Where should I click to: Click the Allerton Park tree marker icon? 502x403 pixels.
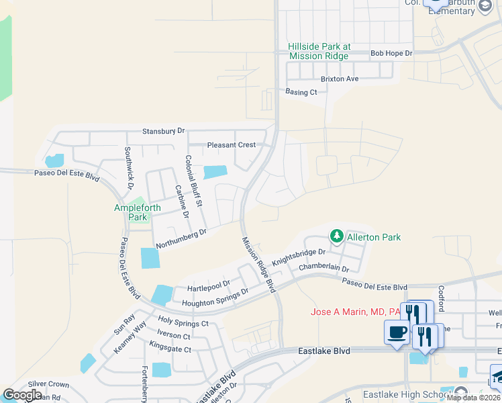pos(336,236)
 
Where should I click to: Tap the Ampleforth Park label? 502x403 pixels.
pos(138,212)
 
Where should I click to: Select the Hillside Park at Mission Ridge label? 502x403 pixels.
pos(319,51)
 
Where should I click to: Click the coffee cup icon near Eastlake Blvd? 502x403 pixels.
pos(396,332)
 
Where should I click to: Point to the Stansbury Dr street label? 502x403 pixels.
pos(163,131)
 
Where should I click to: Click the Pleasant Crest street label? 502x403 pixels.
pos(232,144)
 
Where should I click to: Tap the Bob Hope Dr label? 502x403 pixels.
pos(391,52)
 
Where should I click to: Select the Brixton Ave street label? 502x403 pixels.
pos(340,79)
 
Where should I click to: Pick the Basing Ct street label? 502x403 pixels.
pos(301,92)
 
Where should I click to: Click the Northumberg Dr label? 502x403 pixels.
pos(181,238)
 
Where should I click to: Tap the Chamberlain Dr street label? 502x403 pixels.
pos(324,268)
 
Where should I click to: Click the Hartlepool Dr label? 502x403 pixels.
pos(209,287)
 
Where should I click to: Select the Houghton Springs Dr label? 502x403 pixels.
pos(215,298)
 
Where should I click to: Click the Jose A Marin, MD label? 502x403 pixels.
pos(355,312)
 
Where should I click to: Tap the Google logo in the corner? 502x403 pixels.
pos(22,395)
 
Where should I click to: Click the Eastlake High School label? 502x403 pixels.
pos(407,394)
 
